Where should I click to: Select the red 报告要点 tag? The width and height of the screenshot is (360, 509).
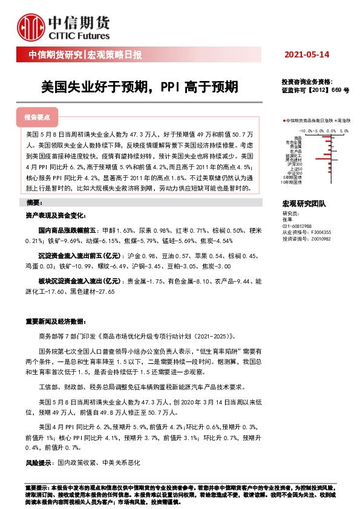pyautogui.click(x=37, y=117)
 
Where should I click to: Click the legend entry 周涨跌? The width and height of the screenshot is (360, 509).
pyautogui.click(x=345, y=121)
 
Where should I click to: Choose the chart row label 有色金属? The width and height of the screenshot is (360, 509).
pyautogui.click(x=295, y=142)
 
